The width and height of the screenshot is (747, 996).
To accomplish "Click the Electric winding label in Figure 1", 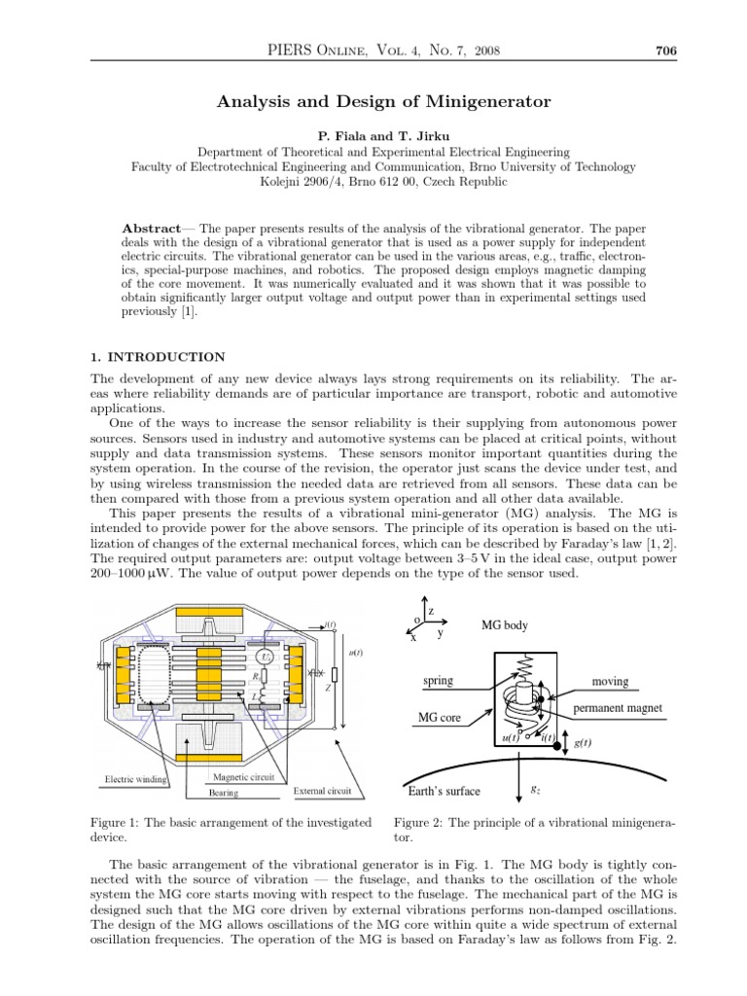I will tap(137, 780).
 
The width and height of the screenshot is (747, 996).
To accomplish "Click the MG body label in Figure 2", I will tap(505, 625).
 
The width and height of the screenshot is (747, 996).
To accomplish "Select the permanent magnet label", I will tap(618, 708).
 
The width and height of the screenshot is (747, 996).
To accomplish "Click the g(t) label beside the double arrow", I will tap(584, 742).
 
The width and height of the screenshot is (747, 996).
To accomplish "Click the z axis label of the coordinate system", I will tap(431, 610).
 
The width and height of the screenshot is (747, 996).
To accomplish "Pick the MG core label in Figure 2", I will tap(439, 718).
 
